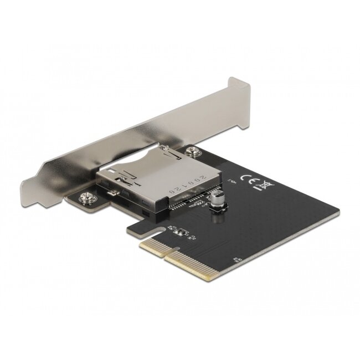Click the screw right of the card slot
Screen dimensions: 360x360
click(x=193, y=150)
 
